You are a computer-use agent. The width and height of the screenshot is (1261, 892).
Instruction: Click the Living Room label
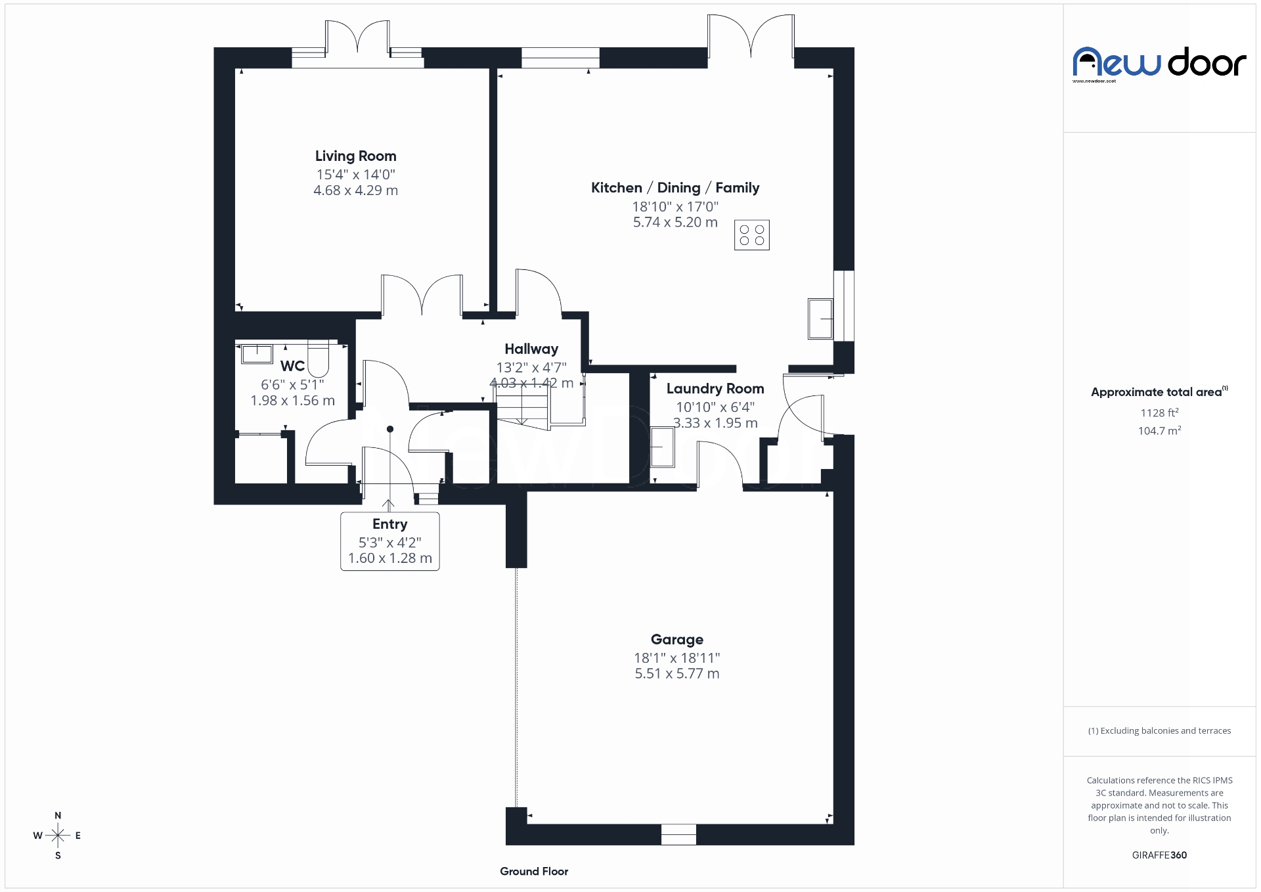point(355,156)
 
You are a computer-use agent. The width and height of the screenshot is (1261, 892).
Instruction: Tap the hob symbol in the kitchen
point(751,235)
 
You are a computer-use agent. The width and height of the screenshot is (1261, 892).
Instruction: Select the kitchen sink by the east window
point(820,319)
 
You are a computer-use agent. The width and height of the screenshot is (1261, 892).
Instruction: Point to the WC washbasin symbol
point(257,353)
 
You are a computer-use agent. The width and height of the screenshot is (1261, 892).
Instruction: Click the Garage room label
point(676,639)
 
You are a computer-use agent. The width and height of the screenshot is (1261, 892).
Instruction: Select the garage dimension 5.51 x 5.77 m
point(676,674)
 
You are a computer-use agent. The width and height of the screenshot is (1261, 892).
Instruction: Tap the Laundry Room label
point(715,389)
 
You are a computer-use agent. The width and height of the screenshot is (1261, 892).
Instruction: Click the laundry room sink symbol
point(662,447)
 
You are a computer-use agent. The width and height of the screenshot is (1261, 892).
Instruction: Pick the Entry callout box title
point(389,524)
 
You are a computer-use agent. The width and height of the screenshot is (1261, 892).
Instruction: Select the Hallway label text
point(531,349)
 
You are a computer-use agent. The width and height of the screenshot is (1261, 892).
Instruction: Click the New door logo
point(1159,64)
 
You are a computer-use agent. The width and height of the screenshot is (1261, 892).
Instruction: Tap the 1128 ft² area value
point(1159,413)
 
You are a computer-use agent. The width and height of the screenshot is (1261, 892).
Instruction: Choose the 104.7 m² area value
point(1159,431)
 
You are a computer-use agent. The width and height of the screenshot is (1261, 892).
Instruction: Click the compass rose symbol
point(58,836)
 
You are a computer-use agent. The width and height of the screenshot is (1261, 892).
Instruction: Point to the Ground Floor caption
point(533,872)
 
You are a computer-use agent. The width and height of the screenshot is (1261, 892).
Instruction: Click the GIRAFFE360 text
point(1159,855)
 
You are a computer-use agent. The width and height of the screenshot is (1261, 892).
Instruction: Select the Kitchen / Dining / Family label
point(675,188)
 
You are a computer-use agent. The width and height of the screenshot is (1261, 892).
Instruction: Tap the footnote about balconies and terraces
point(1159,731)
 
